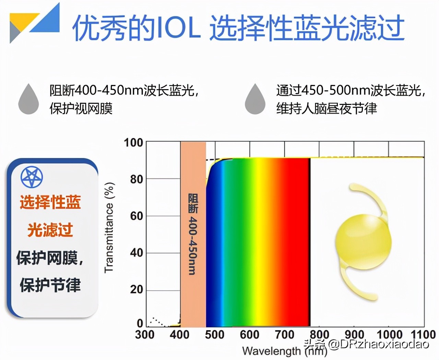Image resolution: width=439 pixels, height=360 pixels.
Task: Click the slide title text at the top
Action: coord(238,27)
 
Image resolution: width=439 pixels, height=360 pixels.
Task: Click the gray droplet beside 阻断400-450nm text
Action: coord(28,99)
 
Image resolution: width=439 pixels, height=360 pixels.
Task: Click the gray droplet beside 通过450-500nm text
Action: coord(255,99)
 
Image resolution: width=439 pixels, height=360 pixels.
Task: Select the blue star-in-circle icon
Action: coord(32,177)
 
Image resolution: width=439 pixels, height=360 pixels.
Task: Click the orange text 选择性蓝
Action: coord(50,202)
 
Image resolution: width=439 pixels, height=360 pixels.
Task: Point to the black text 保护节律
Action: coord(50,285)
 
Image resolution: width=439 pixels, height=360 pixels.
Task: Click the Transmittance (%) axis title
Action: coord(109,228)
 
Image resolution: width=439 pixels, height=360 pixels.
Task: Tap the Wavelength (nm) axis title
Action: coord(284,351)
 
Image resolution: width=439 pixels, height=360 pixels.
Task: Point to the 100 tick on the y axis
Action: coord(133,142)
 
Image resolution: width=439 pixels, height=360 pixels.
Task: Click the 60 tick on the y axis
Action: coord(136,216)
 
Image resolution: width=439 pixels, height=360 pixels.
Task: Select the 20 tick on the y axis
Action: coord(136,290)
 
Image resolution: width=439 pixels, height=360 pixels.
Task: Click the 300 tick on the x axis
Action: coord(145,334)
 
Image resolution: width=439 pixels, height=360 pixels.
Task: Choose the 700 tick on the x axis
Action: coord(284,334)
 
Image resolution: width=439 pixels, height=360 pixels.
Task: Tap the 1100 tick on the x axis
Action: coord(423,334)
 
